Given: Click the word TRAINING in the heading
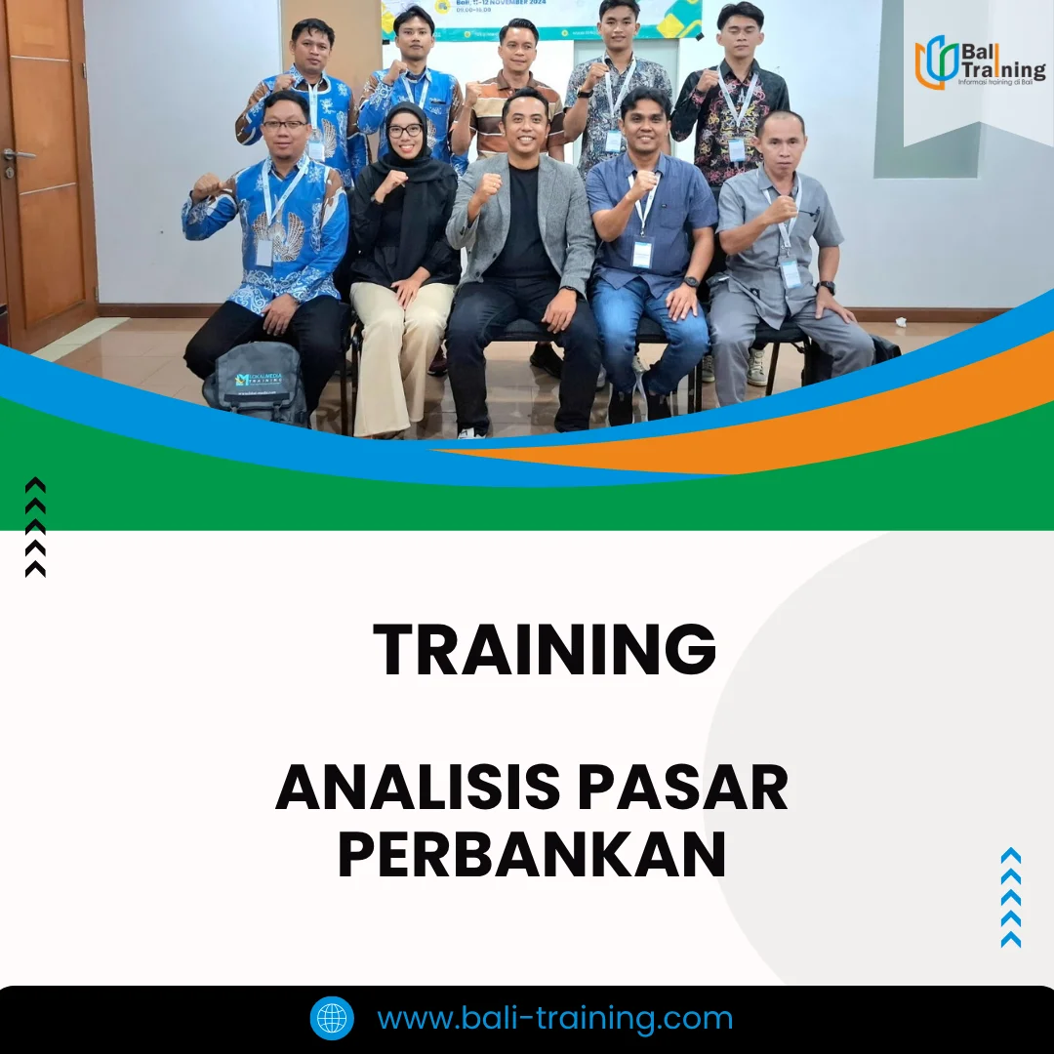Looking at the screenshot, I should [545, 650].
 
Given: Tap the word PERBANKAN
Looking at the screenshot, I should [532, 855].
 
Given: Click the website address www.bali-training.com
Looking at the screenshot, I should [554, 1018].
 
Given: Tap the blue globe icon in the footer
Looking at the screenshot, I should [332, 1018].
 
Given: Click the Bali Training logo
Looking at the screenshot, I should [978, 62].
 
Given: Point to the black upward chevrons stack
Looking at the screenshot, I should [35, 527].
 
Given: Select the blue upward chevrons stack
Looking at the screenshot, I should [1011, 897].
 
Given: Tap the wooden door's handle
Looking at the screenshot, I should [18, 155].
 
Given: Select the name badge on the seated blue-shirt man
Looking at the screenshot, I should [641, 254].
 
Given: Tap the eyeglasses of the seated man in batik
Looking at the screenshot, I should [285, 125].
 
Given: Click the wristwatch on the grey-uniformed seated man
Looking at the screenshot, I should [827, 288].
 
